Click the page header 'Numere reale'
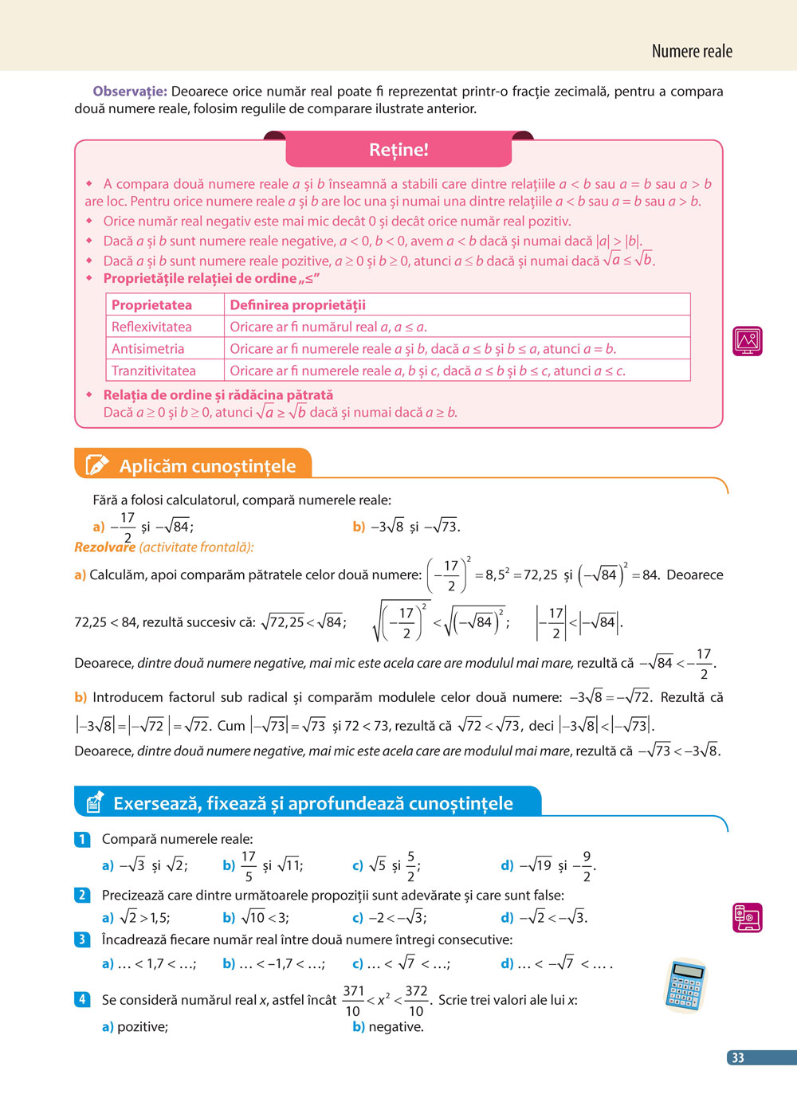[x=691, y=52]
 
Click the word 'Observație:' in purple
[x=130, y=92]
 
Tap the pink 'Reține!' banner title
[x=398, y=150]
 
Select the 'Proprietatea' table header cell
[x=151, y=305]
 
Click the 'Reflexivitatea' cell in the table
[x=151, y=327]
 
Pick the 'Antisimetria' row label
[x=147, y=349]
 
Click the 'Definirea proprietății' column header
[x=297, y=305]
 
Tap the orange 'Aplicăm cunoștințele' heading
[x=207, y=466]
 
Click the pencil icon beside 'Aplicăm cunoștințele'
[x=96, y=465]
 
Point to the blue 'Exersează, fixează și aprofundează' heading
[x=312, y=803]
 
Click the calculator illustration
[x=685, y=986]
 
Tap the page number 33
[x=738, y=1058]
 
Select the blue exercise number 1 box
[x=82, y=839]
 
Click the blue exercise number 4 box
[x=82, y=999]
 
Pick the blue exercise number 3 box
[x=82, y=939]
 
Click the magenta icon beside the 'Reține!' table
[x=747, y=341]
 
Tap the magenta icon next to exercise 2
[x=747, y=917]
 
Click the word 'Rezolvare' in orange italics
[x=104, y=547]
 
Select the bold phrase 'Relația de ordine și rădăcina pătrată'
[x=218, y=395]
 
